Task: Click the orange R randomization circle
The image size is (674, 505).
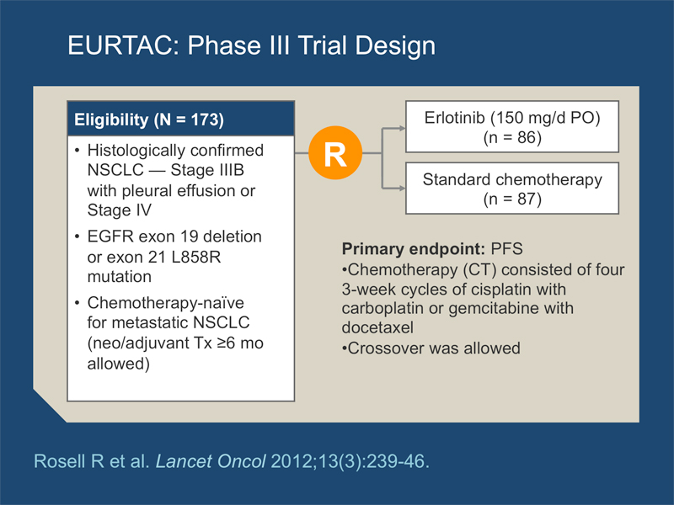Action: (335, 152)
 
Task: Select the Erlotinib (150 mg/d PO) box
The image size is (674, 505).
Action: (512, 127)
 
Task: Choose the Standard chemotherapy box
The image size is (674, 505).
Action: (512, 188)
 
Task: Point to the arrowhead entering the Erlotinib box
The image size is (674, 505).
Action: (403, 128)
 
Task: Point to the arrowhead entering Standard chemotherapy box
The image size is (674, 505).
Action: (403, 188)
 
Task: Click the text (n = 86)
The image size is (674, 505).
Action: (512, 137)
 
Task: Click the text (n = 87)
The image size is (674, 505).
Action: (512, 199)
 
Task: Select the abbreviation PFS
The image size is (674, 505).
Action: (507, 249)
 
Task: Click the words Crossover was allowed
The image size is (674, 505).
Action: (434, 348)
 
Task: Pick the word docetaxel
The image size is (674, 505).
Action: (377, 327)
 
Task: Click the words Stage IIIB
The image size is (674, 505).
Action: (207, 170)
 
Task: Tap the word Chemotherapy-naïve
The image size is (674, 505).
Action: (165, 303)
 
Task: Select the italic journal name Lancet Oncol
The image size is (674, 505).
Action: (211, 461)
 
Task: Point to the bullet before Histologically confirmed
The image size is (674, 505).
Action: (77, 151)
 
